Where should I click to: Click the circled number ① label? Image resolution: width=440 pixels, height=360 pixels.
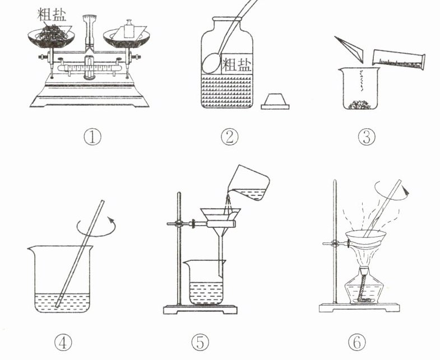92,137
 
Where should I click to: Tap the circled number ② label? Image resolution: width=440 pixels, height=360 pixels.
229,137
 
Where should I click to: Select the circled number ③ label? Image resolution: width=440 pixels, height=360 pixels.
367,137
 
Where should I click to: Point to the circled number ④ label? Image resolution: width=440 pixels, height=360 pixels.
63,343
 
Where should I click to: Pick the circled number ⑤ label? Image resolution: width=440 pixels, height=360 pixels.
200,343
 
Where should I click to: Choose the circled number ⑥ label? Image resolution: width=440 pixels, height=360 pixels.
357,343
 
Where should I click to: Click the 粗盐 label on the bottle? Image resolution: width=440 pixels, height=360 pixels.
237,64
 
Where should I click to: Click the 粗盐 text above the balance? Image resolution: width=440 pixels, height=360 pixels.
52,15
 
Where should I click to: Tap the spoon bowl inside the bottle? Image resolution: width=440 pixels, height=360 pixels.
211,64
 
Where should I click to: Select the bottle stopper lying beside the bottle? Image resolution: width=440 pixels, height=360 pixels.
275,101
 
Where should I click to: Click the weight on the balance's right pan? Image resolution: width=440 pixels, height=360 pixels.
129,29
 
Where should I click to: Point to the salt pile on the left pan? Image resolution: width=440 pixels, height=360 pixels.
52,33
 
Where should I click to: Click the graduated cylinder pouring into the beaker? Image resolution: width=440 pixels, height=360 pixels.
399,59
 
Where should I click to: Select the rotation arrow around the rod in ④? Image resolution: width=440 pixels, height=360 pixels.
96,227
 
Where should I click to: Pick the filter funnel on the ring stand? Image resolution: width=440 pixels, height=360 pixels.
221,236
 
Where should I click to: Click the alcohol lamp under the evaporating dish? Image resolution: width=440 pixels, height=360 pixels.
364,287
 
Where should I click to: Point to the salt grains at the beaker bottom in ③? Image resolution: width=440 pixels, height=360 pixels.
360,104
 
